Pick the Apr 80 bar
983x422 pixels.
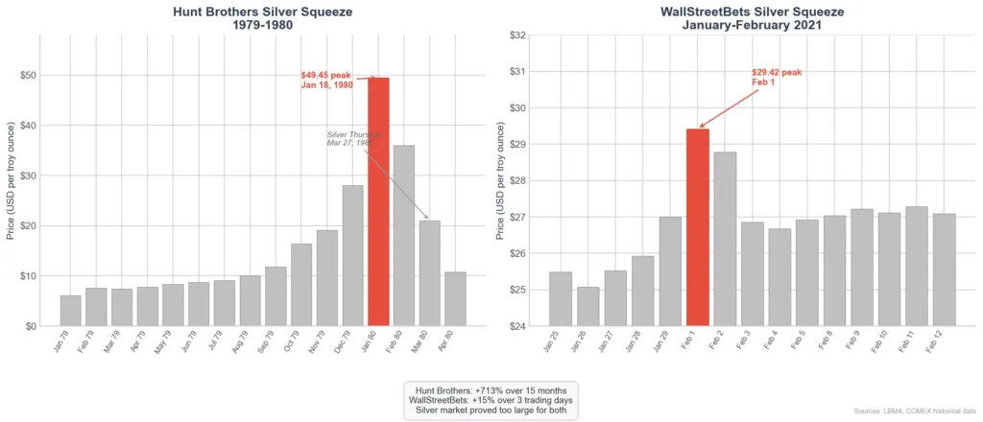point(455,298)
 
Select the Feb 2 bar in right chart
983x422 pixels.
point(725,239)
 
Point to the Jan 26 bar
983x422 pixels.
point(587,306)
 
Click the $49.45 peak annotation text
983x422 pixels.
point(327,80)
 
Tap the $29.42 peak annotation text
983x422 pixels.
point(776,77)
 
